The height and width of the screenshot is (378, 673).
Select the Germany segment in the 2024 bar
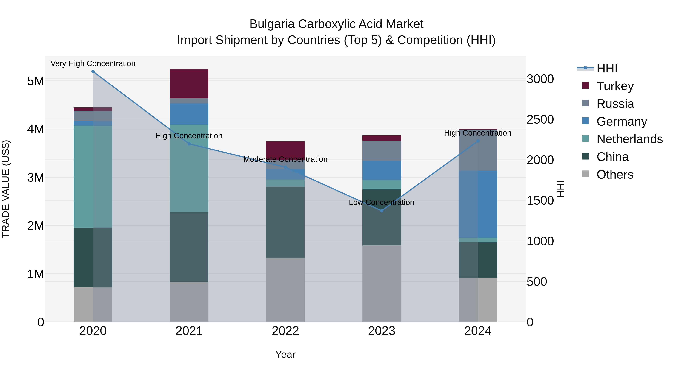pos(478,204)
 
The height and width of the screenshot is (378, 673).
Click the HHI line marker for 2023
pos(381,211)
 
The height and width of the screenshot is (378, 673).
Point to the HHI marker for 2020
pos(93,71)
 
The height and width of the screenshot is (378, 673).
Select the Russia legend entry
pos(615,104)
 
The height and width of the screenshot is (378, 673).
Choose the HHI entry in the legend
pos(607,68)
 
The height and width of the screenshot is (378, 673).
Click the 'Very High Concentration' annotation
pos(93,64)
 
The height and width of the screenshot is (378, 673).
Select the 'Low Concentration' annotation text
pos(381,202)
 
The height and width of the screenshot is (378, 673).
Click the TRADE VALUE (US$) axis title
pos(6,189)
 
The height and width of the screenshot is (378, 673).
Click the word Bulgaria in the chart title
pos(272,24)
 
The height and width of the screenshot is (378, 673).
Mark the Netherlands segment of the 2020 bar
pos(93,176)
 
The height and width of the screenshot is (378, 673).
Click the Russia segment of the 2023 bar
pos(381,151)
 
